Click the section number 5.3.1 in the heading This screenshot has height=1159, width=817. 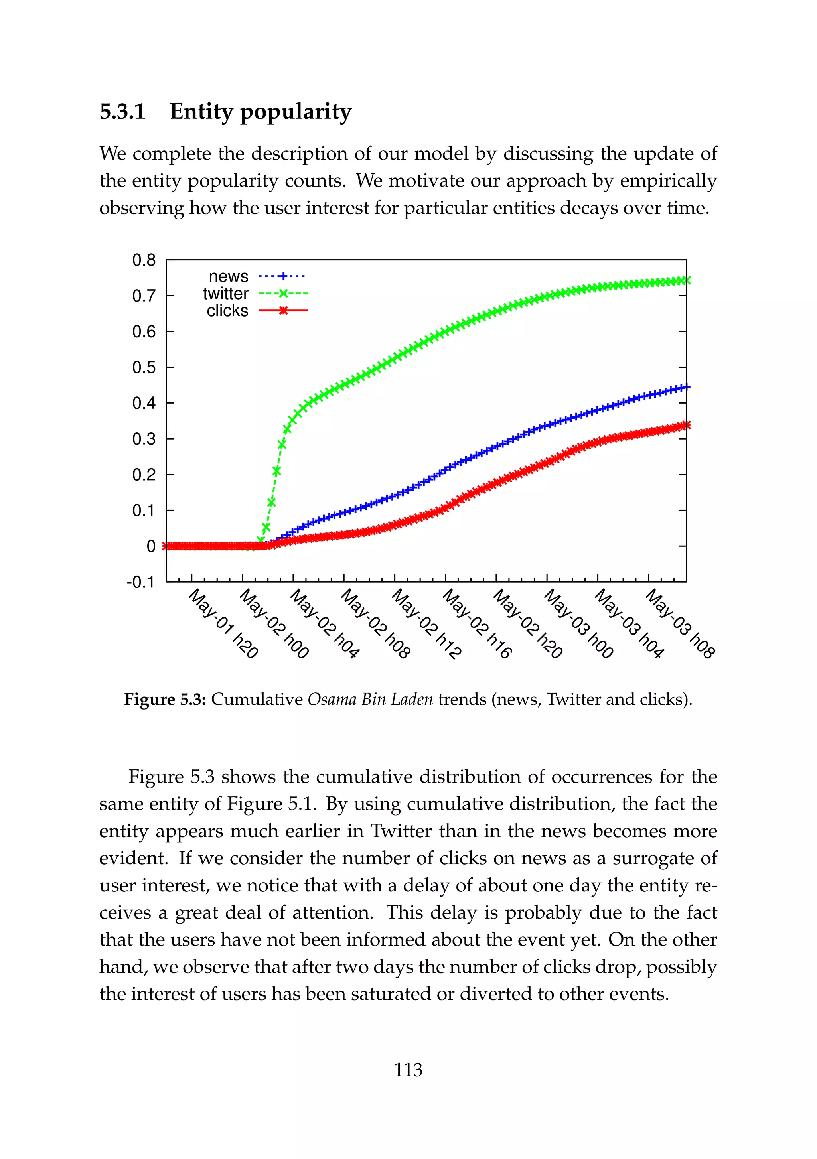(x=123, y=112)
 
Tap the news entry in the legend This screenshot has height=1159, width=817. (x=229, y=277)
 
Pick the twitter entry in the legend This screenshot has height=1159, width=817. (x=226, y=294)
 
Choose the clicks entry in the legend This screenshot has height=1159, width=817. (x=227, y=311)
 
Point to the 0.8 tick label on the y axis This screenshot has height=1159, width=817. (x=144, y=260)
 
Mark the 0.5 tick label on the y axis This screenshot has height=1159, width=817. (x=144, y=367)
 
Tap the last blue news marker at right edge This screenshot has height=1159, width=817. (x=686, y=387)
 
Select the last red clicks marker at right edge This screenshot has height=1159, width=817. (x=686, y=425)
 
